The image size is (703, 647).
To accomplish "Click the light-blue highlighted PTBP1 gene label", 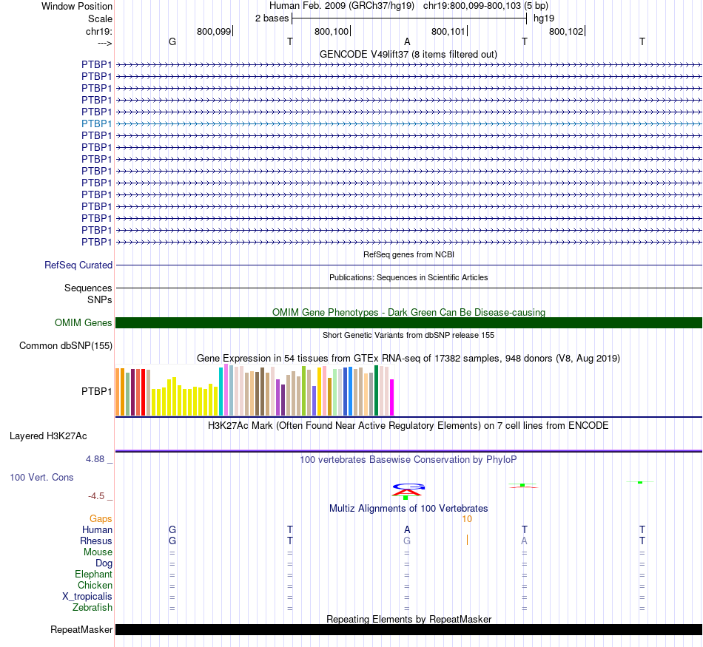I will pos(97,123).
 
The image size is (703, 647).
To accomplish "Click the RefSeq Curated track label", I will pos(78,265).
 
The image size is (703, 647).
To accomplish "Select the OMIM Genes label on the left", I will pos(84,322).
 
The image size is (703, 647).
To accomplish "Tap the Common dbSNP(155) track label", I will pos(66,345).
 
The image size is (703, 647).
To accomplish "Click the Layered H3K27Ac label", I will pos(48,436).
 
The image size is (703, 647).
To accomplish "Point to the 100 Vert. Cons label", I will pos(41,477).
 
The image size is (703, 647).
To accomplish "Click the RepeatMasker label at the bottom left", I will pos(81,630).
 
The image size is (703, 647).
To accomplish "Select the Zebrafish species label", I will pos(93,607).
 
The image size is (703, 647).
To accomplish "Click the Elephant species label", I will pos(94,574).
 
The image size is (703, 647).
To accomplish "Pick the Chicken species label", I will pos(95,585).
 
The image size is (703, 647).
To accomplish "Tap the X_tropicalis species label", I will pos(87,596).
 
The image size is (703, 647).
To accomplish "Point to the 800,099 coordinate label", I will pos(214,31).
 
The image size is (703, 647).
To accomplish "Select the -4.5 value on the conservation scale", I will pos(98,495).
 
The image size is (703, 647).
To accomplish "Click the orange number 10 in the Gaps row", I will pos(467,518).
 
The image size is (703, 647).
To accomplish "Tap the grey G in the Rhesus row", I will pos(406,541).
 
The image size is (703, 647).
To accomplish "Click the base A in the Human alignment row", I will pos(406,529).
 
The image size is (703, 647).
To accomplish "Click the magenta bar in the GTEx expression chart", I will pos(392,397).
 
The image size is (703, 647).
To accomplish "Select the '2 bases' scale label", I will pos(272,18).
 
